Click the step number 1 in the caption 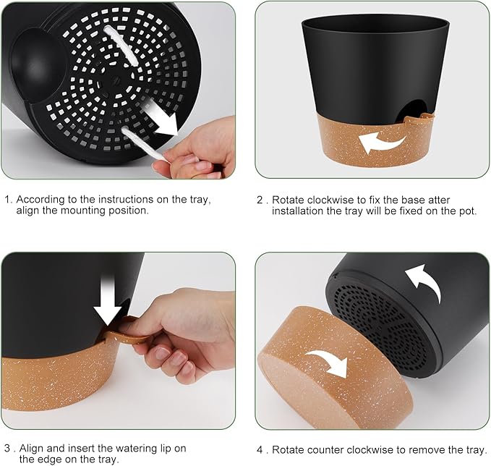7,199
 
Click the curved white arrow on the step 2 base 382,140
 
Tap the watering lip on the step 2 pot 419,114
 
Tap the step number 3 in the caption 7,448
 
